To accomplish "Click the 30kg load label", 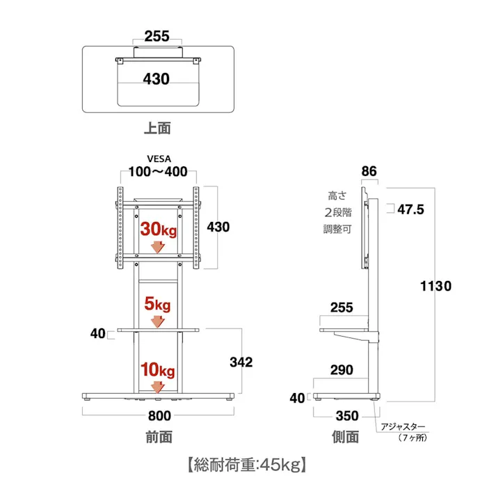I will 158,230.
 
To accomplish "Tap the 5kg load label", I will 158,304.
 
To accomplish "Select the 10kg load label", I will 158,369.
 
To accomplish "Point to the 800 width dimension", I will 159,416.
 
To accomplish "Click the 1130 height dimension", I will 435,286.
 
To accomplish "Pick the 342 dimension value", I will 240,362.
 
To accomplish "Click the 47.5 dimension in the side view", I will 410,209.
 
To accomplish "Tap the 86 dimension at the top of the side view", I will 369,171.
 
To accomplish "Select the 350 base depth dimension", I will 346,417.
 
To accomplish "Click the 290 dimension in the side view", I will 342,370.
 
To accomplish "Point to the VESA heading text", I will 158,159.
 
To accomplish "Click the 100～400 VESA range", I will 158,172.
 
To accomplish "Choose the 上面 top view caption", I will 157,129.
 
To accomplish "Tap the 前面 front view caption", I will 159,437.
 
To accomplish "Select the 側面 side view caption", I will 346,437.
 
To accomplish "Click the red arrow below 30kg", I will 158,247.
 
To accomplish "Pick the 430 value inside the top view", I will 157,79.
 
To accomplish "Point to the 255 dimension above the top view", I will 157,36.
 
